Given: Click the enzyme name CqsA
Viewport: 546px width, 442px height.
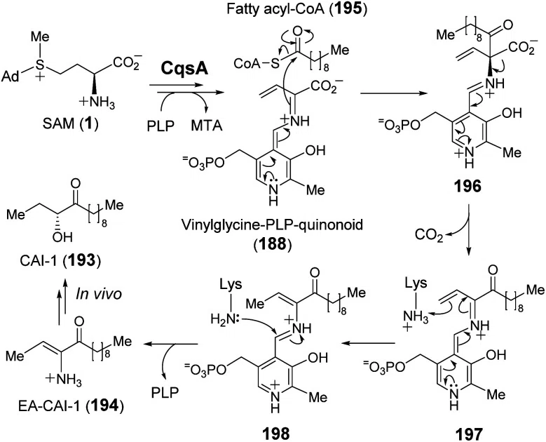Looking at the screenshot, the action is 184,69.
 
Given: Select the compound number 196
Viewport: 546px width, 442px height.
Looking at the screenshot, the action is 467,187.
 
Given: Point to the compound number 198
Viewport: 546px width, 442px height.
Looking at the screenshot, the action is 275,434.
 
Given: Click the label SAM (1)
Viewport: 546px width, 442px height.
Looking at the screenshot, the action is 70,124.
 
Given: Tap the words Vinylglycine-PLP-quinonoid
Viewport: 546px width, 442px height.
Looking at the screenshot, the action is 272,225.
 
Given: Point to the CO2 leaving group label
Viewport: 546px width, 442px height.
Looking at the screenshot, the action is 429,235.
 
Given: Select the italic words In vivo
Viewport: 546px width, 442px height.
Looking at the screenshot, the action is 99,294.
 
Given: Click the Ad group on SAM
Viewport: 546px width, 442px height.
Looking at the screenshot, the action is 11,76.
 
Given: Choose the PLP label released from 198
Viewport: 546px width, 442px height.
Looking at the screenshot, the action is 165,393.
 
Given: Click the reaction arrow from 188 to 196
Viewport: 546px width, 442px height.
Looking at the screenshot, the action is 395,93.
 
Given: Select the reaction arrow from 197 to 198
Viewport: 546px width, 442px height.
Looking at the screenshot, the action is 368,344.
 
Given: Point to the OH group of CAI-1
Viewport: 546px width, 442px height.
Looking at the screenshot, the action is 63,237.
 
